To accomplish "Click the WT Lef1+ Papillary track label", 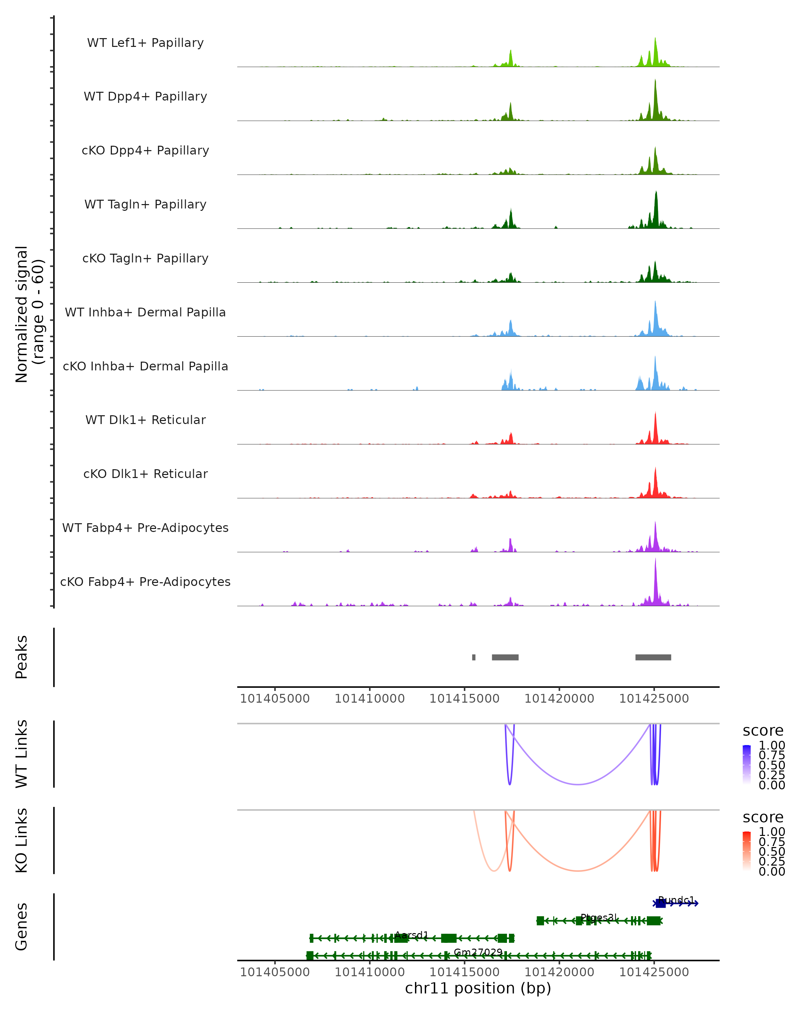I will click(145, 43).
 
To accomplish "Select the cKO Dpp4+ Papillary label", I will click(145, 151).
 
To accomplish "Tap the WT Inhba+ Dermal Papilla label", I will click(145, 313).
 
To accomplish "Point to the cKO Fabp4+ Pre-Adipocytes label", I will click(145, 582).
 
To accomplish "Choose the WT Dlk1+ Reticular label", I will click(145, 420).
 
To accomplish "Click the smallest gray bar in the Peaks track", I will click(474, 657).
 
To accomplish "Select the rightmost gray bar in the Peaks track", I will click(653, 657).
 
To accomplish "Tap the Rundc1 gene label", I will click(676, 900).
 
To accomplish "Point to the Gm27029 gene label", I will click(478, 952).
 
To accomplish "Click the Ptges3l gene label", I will click(597, 917).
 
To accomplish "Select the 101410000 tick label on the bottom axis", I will click(369, 972).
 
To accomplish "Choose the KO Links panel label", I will click(22, 841).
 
